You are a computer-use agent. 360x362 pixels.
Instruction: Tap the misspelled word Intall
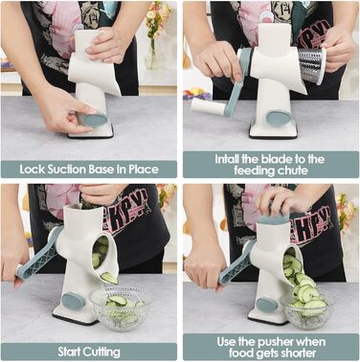tap(227, 159)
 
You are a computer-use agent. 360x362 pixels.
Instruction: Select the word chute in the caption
tap(291, 170)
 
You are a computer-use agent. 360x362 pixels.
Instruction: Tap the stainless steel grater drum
tap(310, 66)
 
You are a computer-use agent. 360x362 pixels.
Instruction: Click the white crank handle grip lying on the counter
tap(209, 106)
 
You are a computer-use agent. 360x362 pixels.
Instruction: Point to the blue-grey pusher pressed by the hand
tap(274, 218)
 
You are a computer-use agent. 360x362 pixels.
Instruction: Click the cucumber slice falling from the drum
tap(109, 278)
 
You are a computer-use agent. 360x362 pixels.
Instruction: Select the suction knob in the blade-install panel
tap(279, 118)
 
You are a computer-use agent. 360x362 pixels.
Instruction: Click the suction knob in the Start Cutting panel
tap(74, 301)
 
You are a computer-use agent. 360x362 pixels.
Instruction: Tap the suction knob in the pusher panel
tap(268, 305)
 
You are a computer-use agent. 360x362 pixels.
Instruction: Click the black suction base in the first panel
tap(91, 135)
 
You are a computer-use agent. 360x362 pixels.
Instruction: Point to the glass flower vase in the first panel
tap(151, 55)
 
